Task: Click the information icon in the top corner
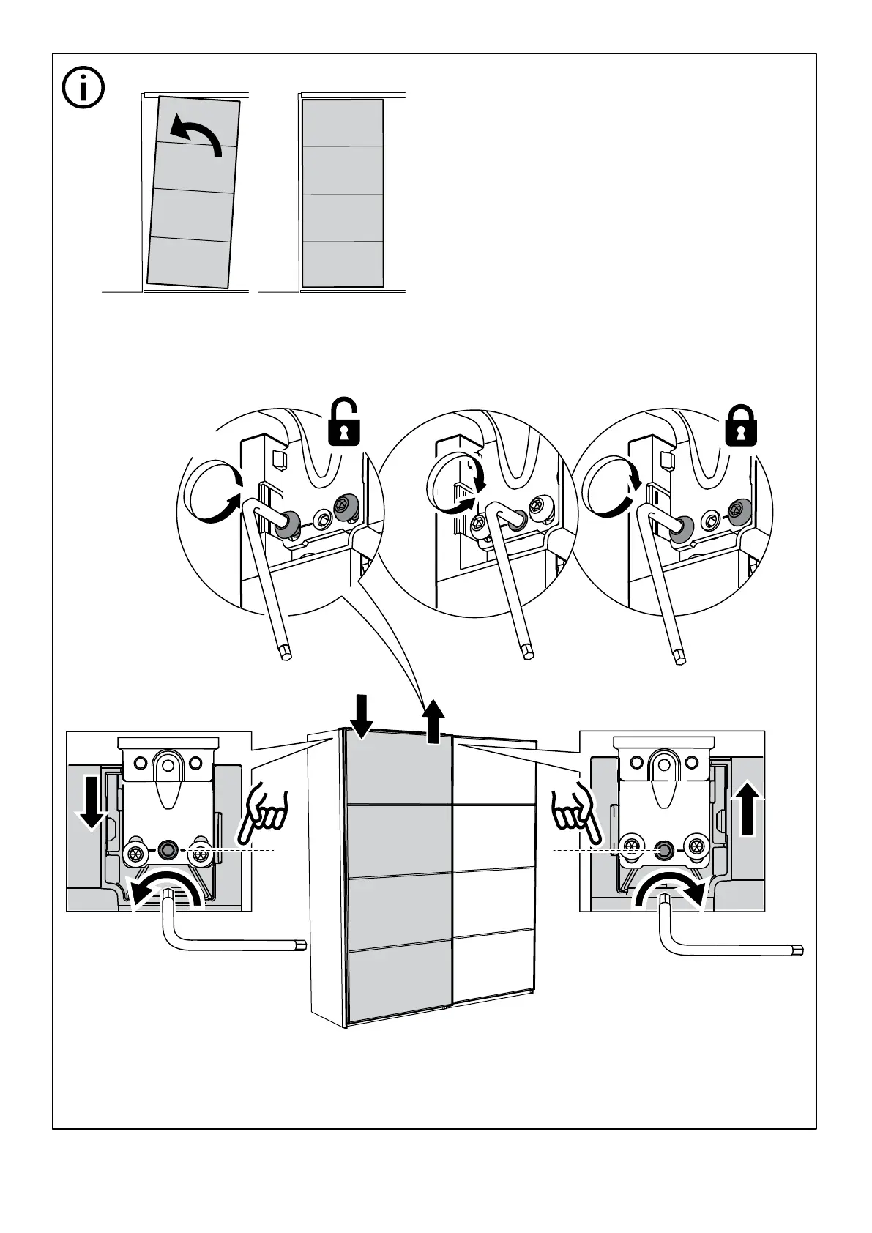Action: (83, 89)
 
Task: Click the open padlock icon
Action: (344, 422)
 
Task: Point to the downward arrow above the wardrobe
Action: (362, 716)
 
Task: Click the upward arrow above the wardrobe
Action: (434, 722)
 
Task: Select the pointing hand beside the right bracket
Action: (578, 816)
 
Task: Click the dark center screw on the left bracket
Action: (168, 850)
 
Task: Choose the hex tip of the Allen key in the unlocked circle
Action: (286, 651)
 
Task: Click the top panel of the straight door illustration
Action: (343, 122)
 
